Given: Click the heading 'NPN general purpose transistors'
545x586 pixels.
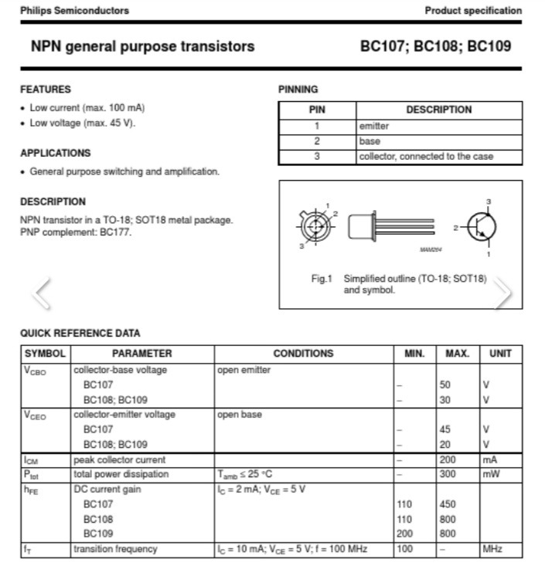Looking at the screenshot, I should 142,46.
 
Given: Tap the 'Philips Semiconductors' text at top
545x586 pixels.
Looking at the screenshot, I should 74,11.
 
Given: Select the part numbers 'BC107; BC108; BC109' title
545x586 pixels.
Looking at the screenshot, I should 435,46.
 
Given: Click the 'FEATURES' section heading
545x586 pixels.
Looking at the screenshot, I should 46,90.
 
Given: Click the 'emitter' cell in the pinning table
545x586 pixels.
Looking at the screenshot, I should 374,126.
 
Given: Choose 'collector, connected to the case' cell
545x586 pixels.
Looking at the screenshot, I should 425,157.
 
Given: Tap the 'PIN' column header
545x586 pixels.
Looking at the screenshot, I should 317,110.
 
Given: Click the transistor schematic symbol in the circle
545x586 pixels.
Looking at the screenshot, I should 482,227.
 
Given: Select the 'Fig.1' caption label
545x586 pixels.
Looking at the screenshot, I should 321,279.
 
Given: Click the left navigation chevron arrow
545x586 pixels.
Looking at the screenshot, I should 43,292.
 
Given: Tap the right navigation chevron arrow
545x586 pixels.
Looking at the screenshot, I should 502,292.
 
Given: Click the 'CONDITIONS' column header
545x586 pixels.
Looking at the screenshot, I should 303,354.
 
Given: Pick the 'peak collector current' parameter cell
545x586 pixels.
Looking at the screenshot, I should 119,459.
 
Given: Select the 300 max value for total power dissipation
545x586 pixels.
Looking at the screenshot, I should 447,474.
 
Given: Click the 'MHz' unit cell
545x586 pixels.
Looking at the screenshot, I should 492,549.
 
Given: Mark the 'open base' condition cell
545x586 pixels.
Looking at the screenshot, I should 240,415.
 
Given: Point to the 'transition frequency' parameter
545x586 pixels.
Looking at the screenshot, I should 115,549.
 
